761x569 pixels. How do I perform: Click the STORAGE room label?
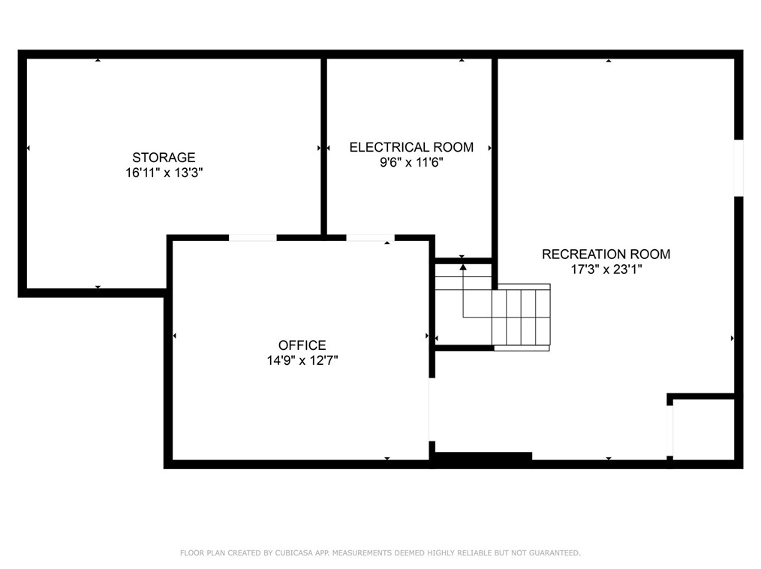[164, 158]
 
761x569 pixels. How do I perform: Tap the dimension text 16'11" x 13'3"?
[164, 173]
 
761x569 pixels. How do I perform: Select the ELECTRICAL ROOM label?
[411, 147]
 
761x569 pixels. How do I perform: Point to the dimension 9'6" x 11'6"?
[411, 162]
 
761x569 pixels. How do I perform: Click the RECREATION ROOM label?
[606, 254]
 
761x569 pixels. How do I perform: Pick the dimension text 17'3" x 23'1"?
[606, 269]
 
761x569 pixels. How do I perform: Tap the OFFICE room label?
[302, 345]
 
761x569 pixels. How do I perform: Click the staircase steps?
[522, 317]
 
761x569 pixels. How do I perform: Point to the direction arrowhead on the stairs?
[463, 266]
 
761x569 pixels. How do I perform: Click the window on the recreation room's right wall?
[738, 168]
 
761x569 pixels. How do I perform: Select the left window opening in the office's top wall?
[252, 238]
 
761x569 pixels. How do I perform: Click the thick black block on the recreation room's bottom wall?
[483, 456]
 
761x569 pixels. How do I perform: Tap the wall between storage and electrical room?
[324, 147]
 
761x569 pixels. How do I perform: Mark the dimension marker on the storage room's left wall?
[28, 149]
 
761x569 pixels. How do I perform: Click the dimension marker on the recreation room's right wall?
[732, 339]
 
